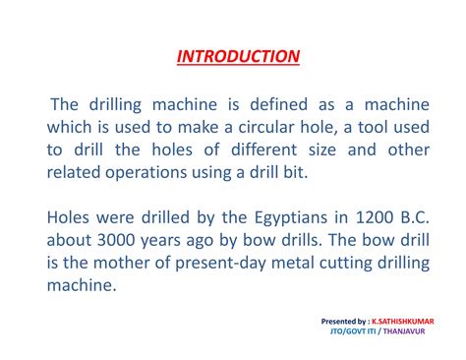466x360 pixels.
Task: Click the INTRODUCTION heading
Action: point(238,56)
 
